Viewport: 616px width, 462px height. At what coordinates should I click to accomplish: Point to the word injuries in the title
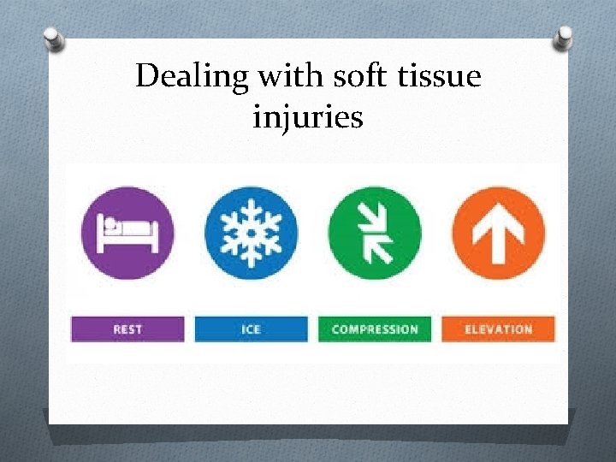click(x=308, y=116)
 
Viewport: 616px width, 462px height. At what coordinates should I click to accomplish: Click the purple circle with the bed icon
click(x=127, y=233)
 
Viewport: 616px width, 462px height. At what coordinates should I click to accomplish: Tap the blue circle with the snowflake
click(x=251, y=233)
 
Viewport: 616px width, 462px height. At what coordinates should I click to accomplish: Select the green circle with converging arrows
click(x=375, y=233)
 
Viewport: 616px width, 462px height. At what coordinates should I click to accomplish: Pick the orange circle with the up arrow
click(x=498, y=233)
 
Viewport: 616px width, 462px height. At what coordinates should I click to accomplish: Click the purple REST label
click(x=127, y=329)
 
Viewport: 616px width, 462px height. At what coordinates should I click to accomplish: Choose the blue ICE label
click(x=251, y=329)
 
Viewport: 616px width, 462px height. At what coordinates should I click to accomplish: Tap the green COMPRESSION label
click(x=375, y=329)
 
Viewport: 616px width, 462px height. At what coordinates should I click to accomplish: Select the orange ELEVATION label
click(x=498, y=329)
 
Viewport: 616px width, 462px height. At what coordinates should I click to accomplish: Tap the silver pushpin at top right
click(x=564, y=38)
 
